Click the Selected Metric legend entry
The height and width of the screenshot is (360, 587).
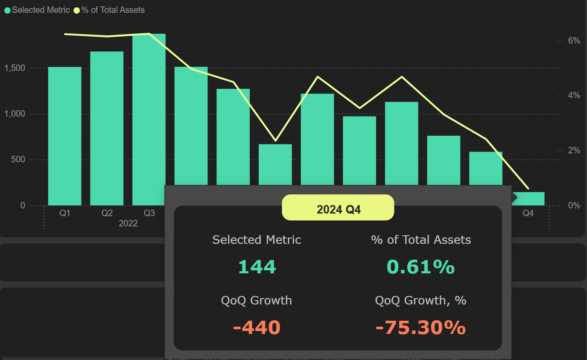tap(37, 10)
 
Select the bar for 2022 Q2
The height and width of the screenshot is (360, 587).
tap(107, 128)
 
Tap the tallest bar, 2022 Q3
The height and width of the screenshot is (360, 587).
tap(149, 119)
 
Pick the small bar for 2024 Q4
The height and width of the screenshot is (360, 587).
tap(528, 199)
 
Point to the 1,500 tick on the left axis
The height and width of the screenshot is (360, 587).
tap(15, 68)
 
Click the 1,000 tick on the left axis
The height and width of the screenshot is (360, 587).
tap(15, 114)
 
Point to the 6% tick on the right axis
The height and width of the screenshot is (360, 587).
tap(574, 41)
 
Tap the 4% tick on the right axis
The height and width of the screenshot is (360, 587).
tap(574, 95)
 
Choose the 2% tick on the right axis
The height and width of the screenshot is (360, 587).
tap(574, 150)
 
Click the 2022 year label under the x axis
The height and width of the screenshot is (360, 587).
tap(128, 223)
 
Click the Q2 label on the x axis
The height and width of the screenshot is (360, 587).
tap(107, 213)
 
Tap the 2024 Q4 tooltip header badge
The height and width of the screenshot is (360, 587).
tap(338, 209)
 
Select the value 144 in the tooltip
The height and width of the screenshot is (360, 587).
tap(257, 267)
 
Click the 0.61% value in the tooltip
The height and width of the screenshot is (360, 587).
tap(421, 267)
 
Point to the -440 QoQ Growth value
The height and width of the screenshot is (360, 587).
tap(257, 328)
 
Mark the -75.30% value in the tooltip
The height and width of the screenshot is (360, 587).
tap(421, 328)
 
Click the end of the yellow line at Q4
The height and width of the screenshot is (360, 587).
tap(528, 188)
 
